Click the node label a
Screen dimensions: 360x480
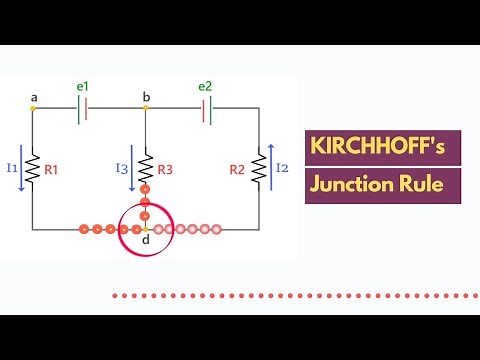(x=34, y=97)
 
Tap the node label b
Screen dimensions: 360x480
(x=146, y=97)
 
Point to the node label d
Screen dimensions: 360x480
(x=146, y=240)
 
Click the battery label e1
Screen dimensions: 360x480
(x=83, y=87)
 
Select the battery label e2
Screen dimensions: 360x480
(x=205, y=87)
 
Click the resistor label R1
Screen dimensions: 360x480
(x=52, y=169)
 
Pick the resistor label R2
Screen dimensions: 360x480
(x=237, y=169)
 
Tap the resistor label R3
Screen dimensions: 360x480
(x=165, y=169)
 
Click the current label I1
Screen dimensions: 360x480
(x=13, y=167)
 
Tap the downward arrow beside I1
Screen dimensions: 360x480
(x=22, y=167)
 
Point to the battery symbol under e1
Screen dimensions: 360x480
(x=83, y=109)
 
